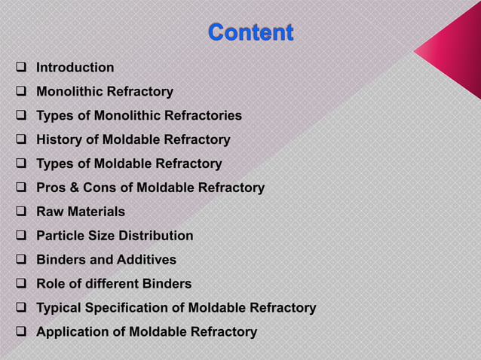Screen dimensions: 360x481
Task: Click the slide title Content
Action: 250,32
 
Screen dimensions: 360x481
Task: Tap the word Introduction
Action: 75,68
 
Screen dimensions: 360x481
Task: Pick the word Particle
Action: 60,236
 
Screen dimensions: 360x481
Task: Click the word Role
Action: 51,284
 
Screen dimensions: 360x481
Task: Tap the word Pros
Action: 51,188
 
